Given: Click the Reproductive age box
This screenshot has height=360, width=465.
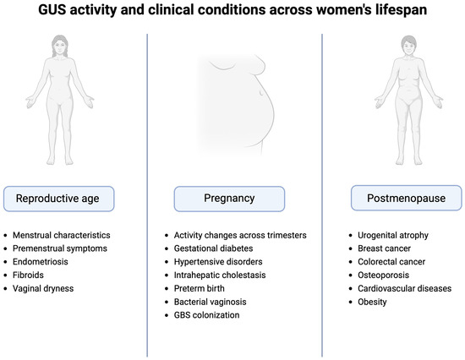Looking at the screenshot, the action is point(58,199).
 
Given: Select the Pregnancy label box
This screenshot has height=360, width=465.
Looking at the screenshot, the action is point(229,199).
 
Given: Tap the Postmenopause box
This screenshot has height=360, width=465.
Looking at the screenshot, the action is point(407,198).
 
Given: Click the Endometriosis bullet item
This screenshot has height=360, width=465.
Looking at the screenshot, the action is point(41,261).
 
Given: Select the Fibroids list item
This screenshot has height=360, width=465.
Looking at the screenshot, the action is point(28,275).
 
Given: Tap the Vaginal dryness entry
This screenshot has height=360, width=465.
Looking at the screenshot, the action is point(43,288).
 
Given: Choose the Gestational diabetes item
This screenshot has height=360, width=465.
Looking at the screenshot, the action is point(214,248).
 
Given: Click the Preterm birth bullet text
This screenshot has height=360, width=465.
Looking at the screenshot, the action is point(200,288).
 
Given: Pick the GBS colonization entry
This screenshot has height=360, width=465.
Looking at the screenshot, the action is point(206,315).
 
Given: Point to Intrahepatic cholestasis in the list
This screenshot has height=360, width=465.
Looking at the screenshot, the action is point(220,275).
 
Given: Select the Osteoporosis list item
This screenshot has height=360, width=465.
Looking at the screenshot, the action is point(384,275).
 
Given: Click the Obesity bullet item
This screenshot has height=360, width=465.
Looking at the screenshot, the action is point(372,302).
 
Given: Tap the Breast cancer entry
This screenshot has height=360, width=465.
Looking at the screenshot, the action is point(384,248).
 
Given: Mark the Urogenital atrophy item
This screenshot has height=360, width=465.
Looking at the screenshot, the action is point(393,235).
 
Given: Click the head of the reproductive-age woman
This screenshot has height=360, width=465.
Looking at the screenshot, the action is point(60,46).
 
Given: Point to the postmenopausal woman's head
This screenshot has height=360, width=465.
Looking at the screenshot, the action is point(409,45).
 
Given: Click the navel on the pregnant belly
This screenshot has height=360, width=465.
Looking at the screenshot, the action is point(261,93).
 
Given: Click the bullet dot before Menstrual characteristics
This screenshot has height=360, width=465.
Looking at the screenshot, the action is point(5,236).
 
